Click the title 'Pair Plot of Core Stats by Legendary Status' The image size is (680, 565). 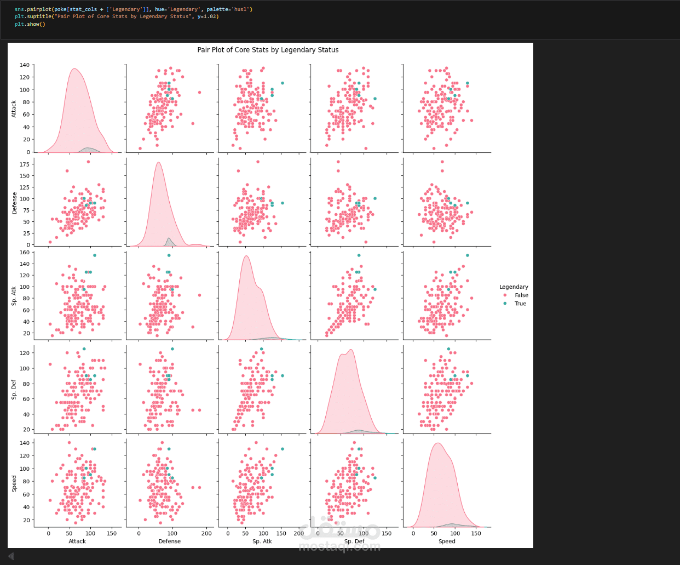tap(268, 50)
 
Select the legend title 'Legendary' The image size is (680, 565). tap(514, 287)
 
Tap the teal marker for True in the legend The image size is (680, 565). tap(505, 304)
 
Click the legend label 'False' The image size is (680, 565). tap(521, 295)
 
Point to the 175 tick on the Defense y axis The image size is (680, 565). tap(24, 164)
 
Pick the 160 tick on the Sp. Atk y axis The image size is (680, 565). tap(24, 253)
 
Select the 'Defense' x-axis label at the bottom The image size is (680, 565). tap(169, 541)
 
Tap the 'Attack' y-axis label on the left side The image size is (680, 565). tap(14, 109)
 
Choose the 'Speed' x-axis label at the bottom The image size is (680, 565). tap(447, 541)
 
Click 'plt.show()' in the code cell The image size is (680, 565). tap(30, 24)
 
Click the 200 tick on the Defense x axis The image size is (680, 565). tap(206, 533)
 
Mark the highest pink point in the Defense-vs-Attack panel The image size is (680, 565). tap(88, 162)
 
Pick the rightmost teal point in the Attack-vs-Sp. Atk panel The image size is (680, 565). tap(283, 83)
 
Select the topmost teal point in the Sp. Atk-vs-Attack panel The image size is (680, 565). tap(94, 255)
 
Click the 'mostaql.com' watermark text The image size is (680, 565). tap(339, 546)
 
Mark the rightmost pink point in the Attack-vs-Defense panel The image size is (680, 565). tap(199, 93)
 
